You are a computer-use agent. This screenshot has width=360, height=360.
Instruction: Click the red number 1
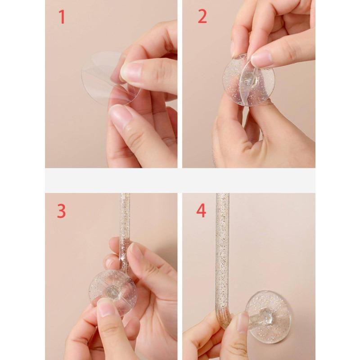click(62, 17)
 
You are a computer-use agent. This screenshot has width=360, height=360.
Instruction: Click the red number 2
click(202, 17)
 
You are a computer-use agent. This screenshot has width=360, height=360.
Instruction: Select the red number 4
click(201, 211)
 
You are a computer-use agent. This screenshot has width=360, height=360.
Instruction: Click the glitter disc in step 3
click(113, 292)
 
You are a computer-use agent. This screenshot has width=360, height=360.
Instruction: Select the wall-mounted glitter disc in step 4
click(269, 317)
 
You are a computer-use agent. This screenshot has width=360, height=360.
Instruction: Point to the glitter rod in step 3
click(125, 232)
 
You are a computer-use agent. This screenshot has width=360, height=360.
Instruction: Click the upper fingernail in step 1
click(130, 72)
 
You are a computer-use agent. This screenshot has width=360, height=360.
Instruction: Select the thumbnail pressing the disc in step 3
click(106, 308)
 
